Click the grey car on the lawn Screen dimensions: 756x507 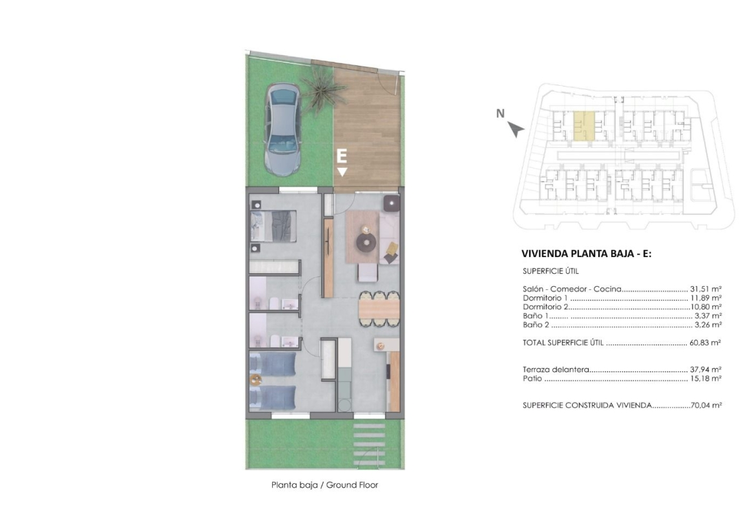click(x=282, y=129)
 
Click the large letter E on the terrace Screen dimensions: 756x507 click(x=341, y=156)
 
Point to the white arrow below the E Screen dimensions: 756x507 click(x=342, y=172)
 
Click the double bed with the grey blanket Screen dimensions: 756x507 click(x=273, y=226)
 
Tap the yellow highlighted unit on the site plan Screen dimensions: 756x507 click(x=583, y=125)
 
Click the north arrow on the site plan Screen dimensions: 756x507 click(x=516, y=129)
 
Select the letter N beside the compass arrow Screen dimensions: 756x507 click(x=501, y=114)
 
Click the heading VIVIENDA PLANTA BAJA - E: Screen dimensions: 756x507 click(x=586, y=253)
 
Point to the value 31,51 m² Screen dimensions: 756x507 click(x=706, y=289)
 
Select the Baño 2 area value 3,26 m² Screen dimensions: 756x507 click(x=708, y=325)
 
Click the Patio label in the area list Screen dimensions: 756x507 click(x=532, y=379)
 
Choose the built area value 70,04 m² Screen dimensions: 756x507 click(x=706, y=406)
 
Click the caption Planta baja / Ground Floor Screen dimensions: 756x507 click(x=324, y=485)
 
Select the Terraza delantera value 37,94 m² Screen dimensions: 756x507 click(x=706, y=369)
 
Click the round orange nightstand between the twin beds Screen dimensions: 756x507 click(x=255, y=380)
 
